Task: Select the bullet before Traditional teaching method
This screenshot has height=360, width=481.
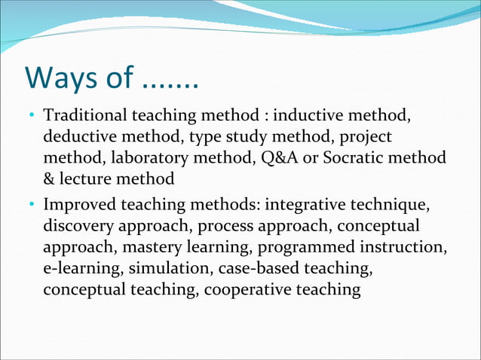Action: (x=32, y=117)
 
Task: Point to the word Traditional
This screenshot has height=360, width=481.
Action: (x=85, y=117)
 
